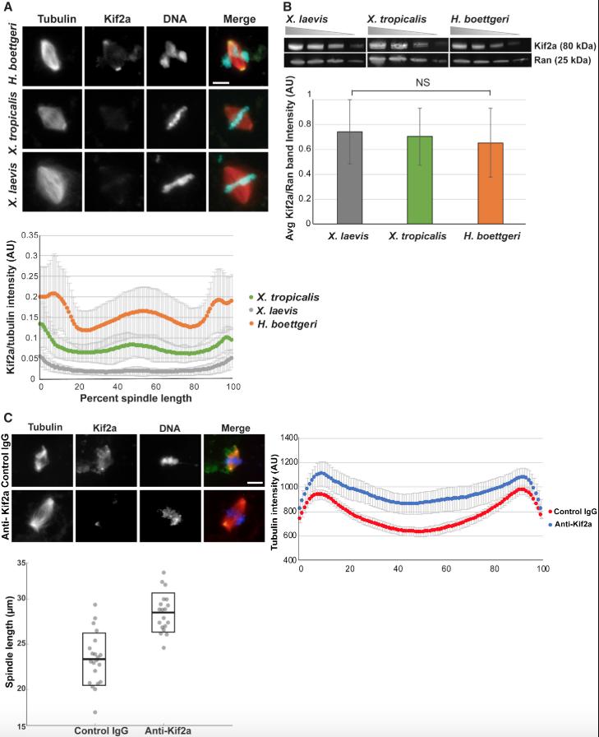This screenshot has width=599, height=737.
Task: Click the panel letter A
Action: point(7,7)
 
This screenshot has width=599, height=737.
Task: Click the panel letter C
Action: point(7,417)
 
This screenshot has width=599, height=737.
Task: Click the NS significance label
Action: point(420,82)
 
